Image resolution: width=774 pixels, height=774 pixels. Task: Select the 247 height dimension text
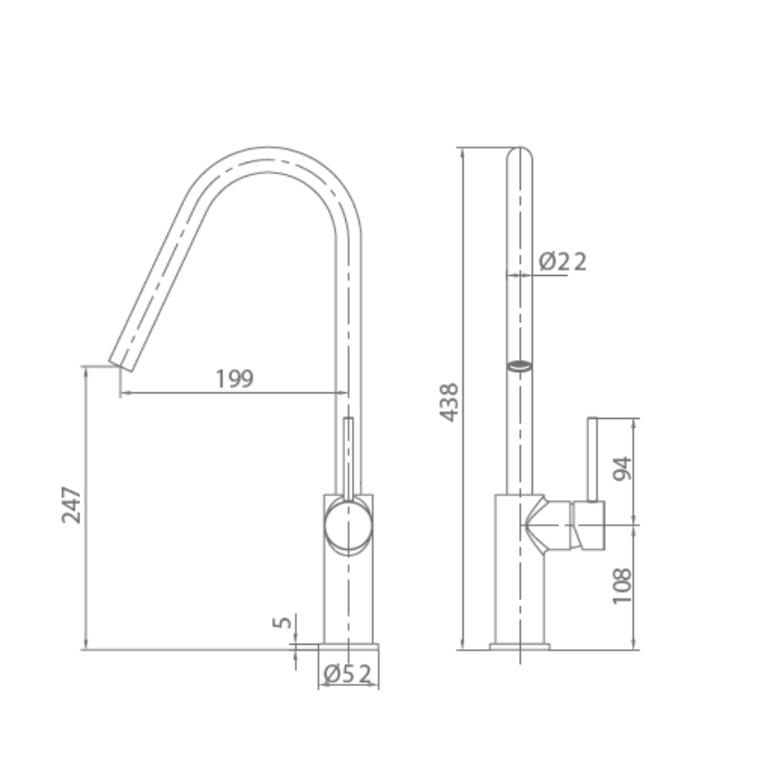(72, 505)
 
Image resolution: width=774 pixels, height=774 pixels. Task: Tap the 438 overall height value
(450, 402)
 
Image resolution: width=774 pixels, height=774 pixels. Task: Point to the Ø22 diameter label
(563, 262)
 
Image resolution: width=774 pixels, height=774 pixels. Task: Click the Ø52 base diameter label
(348, 674)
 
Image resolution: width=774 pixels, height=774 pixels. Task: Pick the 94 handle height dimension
(622, 469)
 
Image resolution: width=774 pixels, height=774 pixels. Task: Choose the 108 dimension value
(622, 587)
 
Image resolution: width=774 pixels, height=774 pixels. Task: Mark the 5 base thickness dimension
(283, 623)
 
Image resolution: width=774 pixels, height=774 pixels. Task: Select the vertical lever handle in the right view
(593, 459)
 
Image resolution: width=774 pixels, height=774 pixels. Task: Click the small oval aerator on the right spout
(519, 367)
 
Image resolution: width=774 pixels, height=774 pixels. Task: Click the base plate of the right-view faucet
(519, 647)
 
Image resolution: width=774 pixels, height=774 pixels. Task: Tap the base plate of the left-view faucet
(349, 647)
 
